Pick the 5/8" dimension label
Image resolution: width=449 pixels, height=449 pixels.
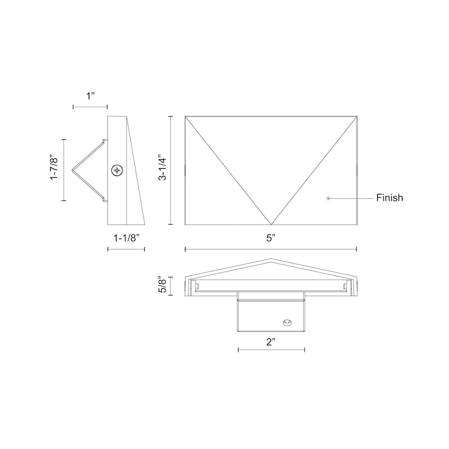tap(162, 286)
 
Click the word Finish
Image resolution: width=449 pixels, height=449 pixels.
tap(390, 198)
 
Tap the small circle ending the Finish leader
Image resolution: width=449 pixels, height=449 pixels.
tap(328, 198)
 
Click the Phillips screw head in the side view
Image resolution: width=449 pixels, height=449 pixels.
tap(117, 171)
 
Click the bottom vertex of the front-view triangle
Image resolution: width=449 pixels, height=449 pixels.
tap(271, 224)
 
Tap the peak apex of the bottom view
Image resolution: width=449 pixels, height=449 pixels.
tap(271, 259)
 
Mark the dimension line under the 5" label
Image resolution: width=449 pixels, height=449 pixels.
tap(271, 249)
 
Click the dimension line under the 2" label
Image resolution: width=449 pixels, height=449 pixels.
tap(271, 350)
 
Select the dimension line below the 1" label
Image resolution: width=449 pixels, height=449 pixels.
tap(90, 107)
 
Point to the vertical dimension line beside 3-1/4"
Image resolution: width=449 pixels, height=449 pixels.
tap(171, 171)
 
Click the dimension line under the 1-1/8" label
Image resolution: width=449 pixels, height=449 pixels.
tap(126, 249)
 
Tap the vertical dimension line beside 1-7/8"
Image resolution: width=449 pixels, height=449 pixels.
tap(64, 170)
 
